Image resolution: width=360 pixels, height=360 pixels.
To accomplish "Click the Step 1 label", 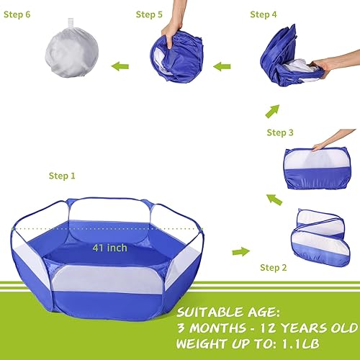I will (x=61, y=176).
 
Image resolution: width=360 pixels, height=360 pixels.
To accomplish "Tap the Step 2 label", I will (x=275, y=268).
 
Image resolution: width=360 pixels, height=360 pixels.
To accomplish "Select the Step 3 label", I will (x=280, y=132).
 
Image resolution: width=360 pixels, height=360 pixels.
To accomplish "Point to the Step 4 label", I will (x=264, y=14).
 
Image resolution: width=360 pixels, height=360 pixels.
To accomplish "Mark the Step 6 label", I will (x=17, y=14).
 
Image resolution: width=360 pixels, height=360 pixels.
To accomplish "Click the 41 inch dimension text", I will (x=109, y=248).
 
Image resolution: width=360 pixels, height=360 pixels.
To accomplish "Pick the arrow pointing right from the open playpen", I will (x=240, y=251).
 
